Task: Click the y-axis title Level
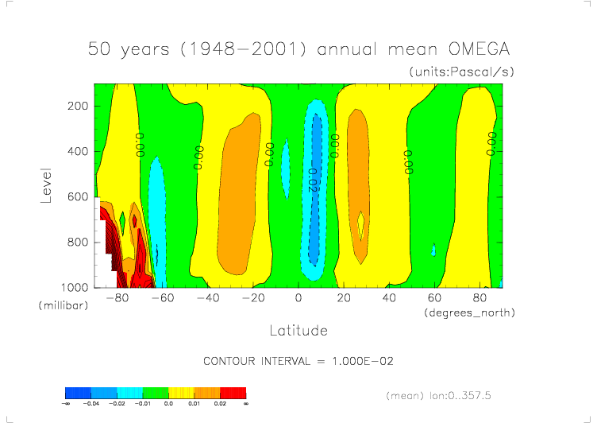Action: [x=46, y=184]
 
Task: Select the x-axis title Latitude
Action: [x=298, y=329]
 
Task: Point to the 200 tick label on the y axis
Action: [x=76, y=106]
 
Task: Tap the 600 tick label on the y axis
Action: [x=76, y=196]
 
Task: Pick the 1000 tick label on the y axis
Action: [x=73, y=287]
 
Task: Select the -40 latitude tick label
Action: [x=207, y=299]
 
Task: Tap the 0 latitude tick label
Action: [x=298, y=299]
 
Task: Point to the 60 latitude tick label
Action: [x=434, y=299]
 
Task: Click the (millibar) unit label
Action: [x=60, y=305]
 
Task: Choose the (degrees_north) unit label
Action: [x=470, y=312]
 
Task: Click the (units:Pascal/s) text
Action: [x=462, y=72]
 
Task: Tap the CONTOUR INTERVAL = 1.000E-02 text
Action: [x=298, y=361]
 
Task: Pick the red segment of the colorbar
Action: [x=233, y=393]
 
